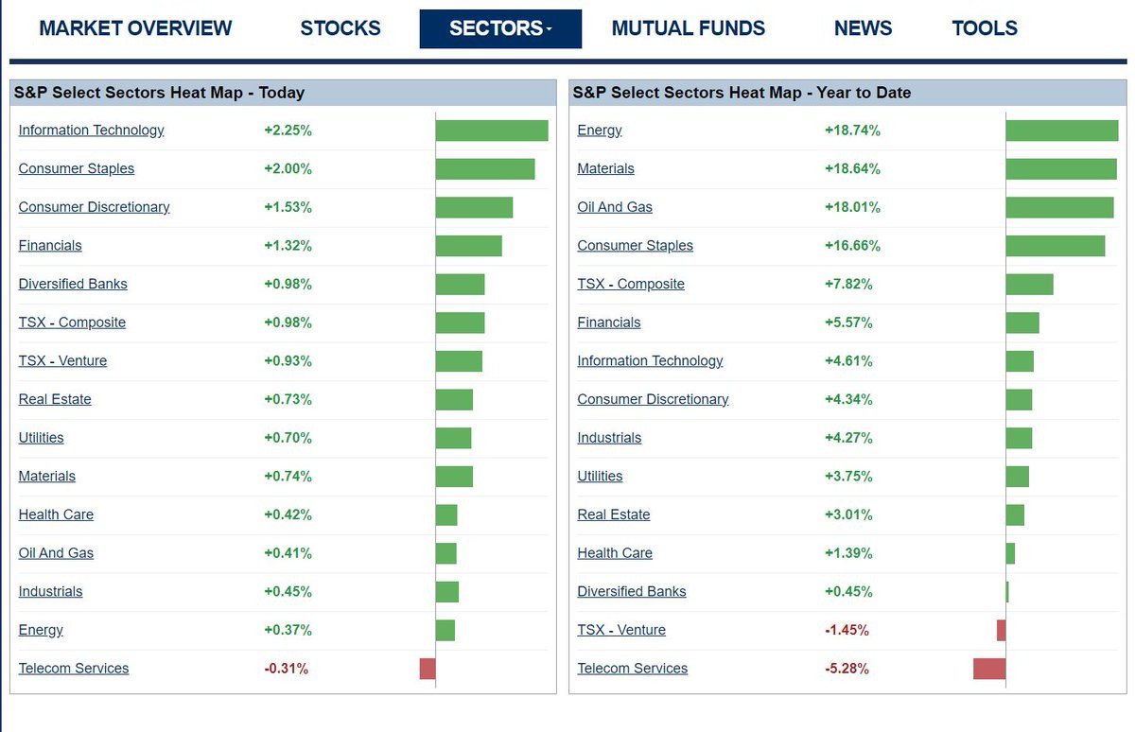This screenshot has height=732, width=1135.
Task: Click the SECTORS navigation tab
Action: (x=500, y=28)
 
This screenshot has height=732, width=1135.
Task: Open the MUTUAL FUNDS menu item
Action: (x=689, y=28)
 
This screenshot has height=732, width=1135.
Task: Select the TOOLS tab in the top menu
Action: (x=985, y=28)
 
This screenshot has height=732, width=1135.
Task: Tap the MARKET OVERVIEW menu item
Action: (x=135, y=28)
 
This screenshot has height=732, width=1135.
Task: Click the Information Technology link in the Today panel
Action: (x=91, y=131)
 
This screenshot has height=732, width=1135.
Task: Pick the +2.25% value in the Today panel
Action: (x=288, y=131)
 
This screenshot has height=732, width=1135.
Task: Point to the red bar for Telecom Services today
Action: (x=428, y=669)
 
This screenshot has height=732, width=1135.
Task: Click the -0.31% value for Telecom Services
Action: (x=286, y=669)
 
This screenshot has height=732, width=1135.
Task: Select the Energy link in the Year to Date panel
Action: (x=600, y=131)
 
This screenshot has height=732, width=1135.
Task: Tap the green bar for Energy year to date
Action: (x=1061, y=131)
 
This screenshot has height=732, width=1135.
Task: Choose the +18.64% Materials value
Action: (x=852, y=169)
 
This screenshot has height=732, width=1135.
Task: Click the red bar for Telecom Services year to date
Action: (x=989, y=669)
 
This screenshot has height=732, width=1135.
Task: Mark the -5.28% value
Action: (x=847, y=669)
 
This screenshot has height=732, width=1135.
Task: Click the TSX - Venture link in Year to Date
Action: (x=621, y=630)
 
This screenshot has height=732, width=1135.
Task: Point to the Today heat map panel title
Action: (x=159, y=93)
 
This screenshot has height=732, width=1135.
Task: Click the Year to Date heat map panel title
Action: (x=742, y=93)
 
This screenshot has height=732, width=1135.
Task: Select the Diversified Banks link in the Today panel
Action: (x=73, y=284)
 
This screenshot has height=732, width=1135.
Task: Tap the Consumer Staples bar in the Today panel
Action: (x=485, y=169)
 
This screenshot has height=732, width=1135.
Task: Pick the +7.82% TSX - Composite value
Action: (x=848, y=284)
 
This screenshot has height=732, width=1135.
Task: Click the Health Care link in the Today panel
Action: (x=56, y=514)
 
